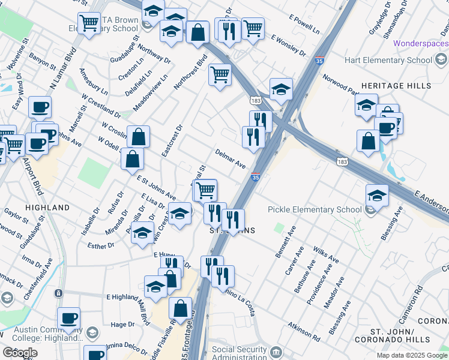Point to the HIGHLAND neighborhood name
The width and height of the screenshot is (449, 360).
click(x=47, y=207)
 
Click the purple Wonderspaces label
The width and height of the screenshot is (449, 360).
click(x=420, y=43)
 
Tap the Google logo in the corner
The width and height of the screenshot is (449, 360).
click(x=20, y=352)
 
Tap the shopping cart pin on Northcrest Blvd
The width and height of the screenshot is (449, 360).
click(x=220, y=75)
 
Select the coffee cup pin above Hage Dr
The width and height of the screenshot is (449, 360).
click(x=69, y=318)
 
